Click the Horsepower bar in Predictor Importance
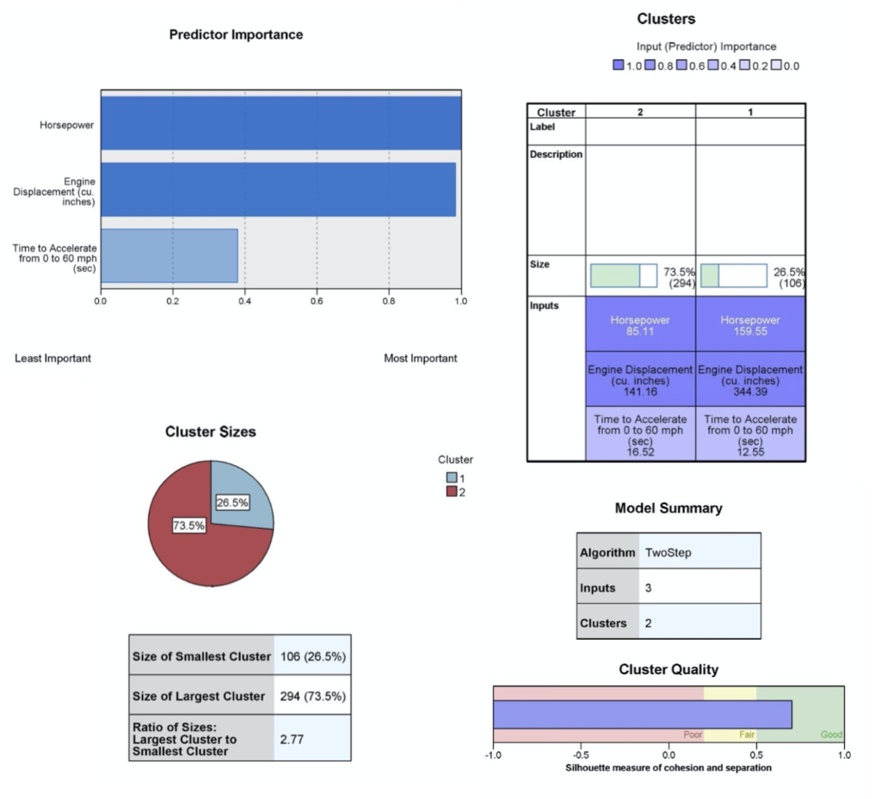tap(280, 124)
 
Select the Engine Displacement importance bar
tap(278, 189)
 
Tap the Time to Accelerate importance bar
tap(169, 255)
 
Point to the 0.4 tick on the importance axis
tap(244, 302)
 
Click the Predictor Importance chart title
tap(236, 35)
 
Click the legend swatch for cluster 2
tap(451, 491)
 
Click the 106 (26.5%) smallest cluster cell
tap(312, 656)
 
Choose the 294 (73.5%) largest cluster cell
tap(312, 696)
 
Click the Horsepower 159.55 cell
tap(750, 324)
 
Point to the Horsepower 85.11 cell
tap(640, 324)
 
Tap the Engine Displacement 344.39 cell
tap(750, 380)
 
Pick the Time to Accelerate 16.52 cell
tap(640, 433)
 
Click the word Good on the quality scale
tap(831, 734)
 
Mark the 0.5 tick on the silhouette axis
tap(756, 755)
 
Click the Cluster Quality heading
tap(668, 669)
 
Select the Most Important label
tap(420, 358)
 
